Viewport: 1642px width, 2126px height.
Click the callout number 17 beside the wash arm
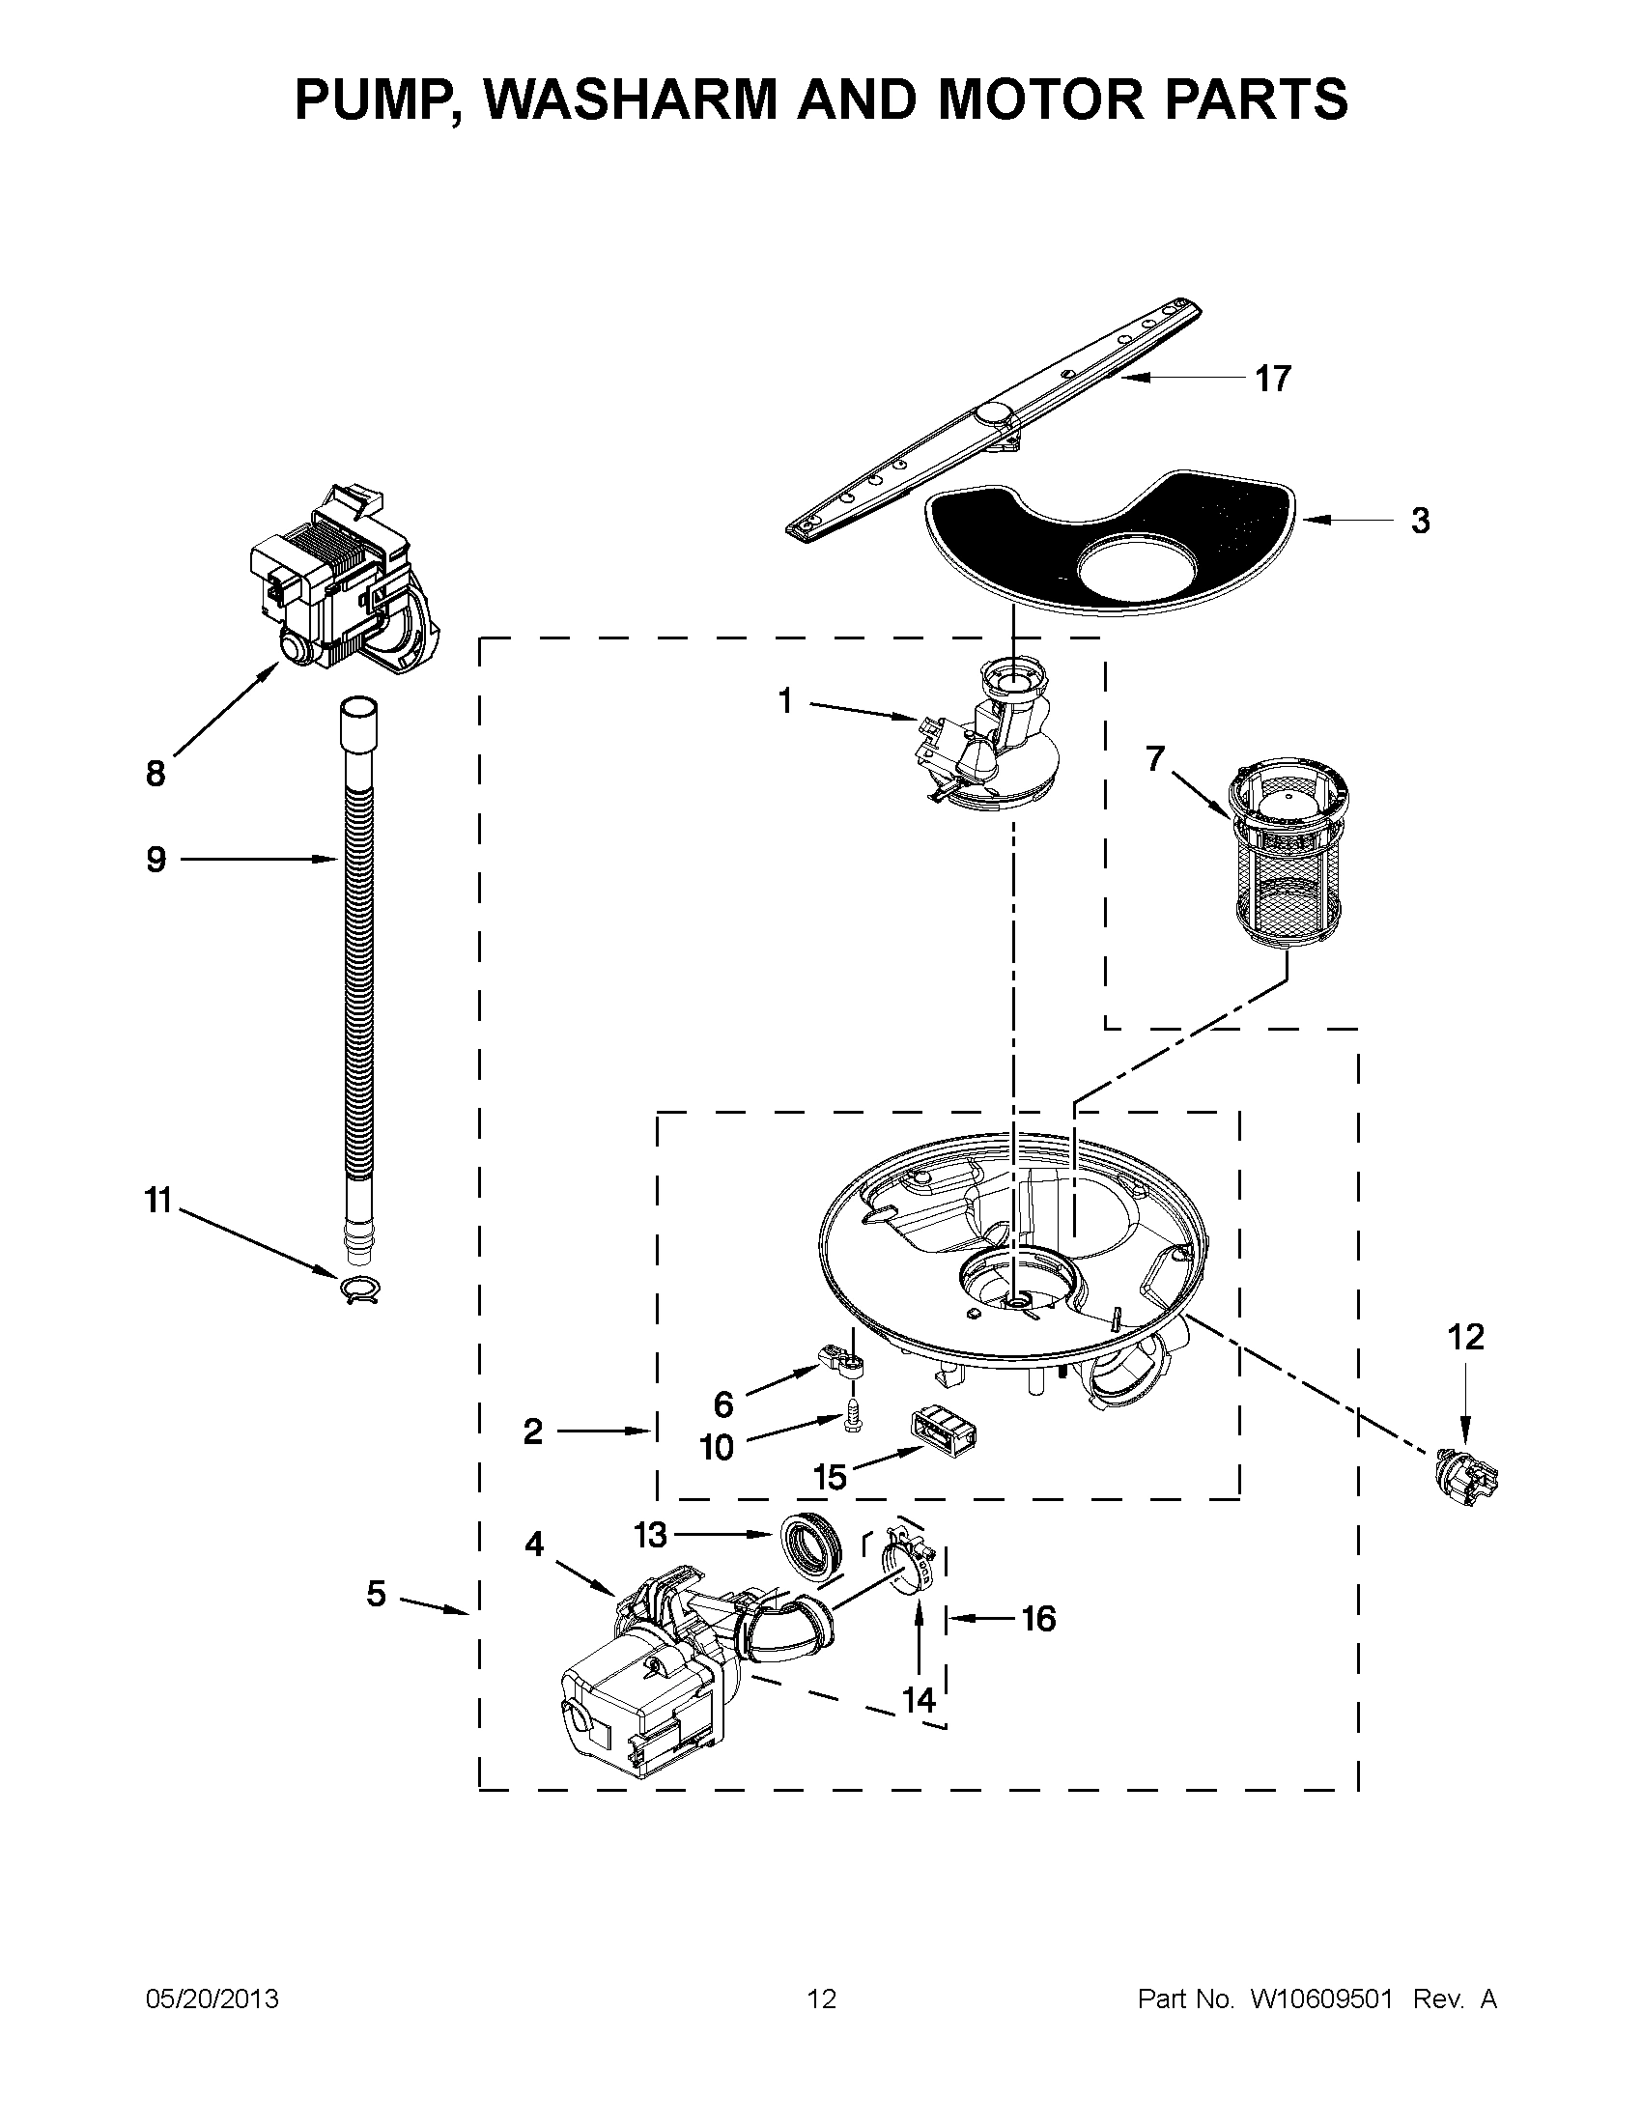click(1272, 379)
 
